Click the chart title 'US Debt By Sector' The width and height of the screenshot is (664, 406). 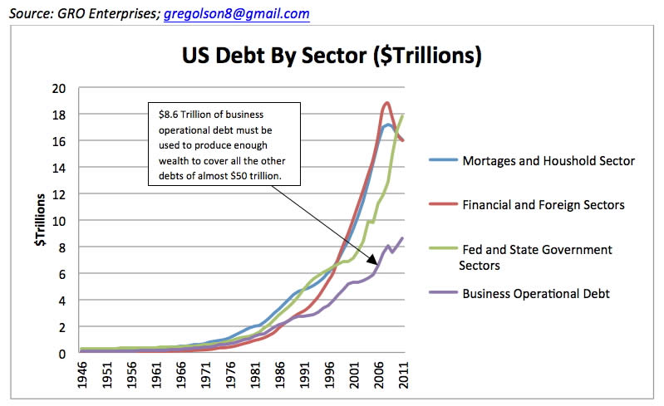[x=332, y=57]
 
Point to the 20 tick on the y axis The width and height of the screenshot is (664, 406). [x=57, y=88]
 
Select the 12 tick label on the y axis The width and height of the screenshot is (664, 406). [x=57, y=194]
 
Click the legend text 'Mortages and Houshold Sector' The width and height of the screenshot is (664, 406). [x=548, y=161]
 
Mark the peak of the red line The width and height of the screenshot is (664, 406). [x=386, y=102]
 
